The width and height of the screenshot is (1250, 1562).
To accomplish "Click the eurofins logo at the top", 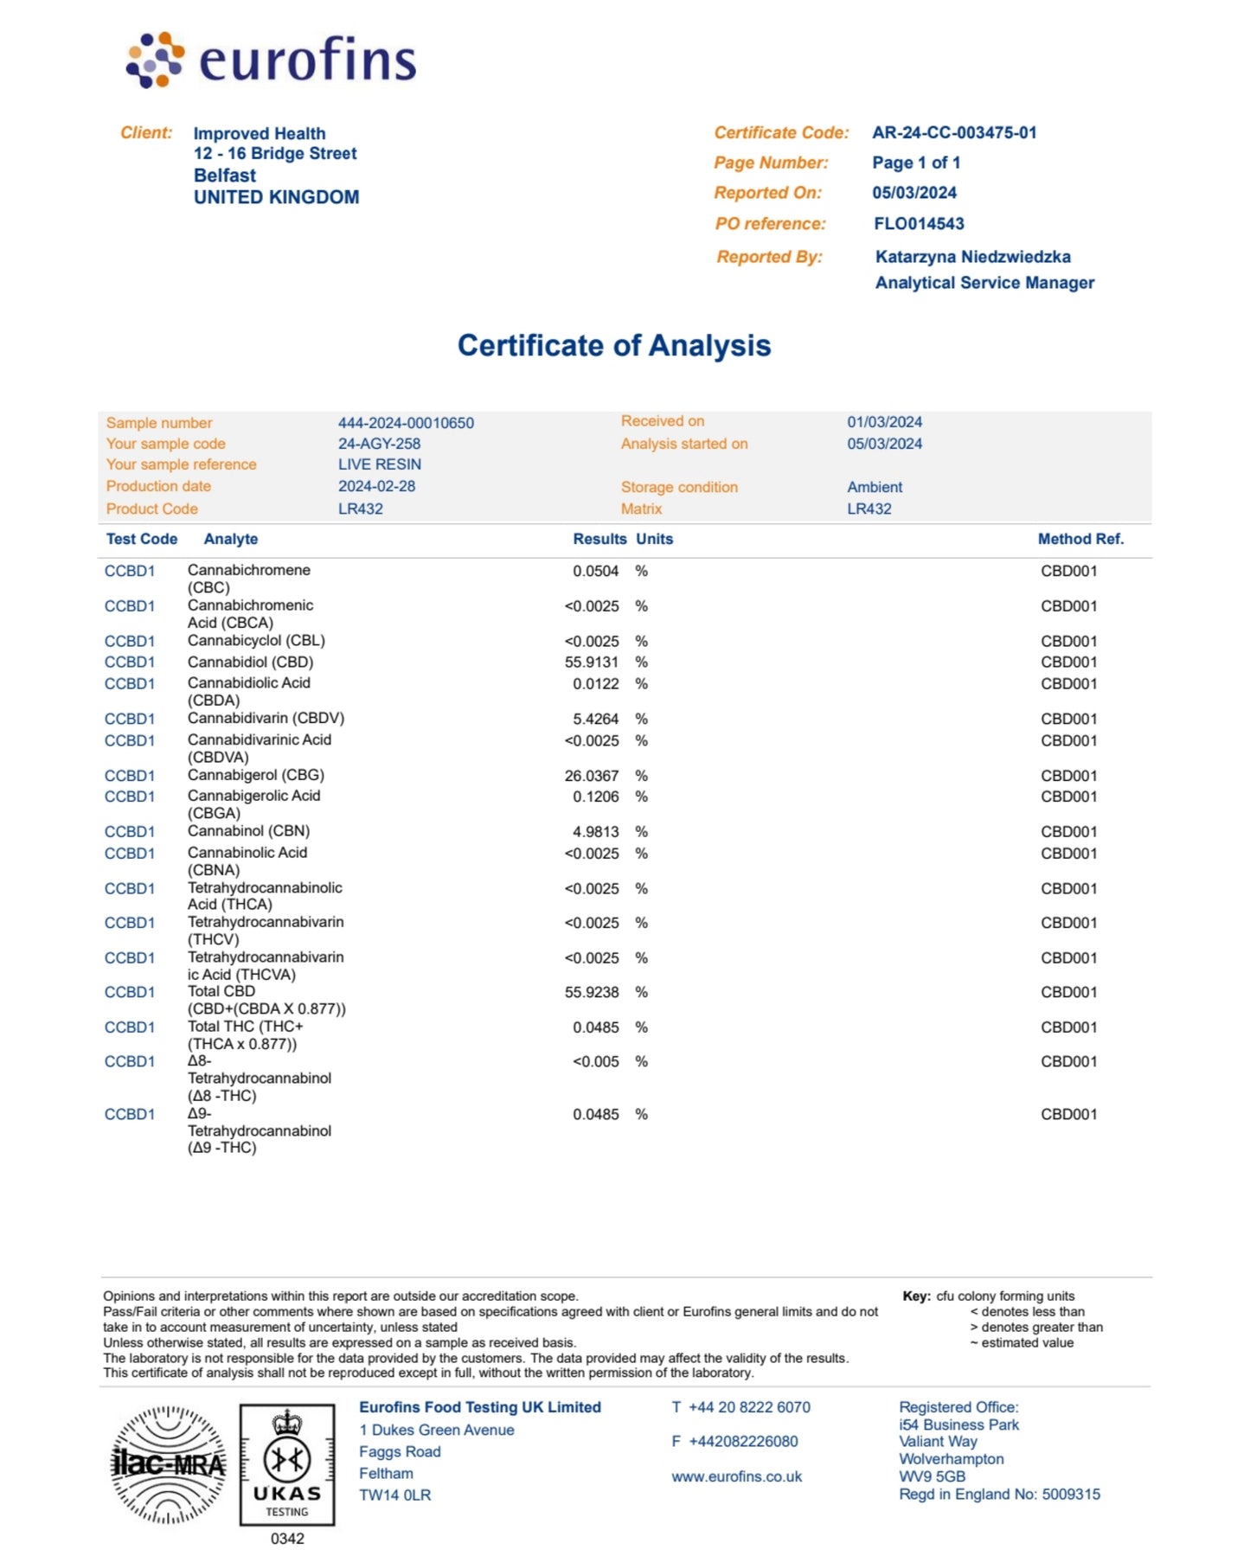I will [x=272, y=61].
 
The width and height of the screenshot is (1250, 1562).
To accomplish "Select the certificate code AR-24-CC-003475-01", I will [x=954, y=133].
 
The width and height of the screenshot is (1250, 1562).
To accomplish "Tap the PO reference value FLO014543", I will [x=919, y=224].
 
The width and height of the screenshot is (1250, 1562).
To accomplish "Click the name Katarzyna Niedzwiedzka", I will [x=972, y=257].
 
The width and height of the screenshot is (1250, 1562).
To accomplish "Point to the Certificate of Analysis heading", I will [x=613, y=346].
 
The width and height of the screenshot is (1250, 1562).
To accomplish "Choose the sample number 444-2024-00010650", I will [x=406, y=423].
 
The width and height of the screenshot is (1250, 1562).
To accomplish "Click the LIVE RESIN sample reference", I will [x=380, y=464].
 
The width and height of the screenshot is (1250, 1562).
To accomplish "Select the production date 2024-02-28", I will [x=376, y=486].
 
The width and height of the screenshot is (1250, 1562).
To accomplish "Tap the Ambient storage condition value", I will [x=875, y=487].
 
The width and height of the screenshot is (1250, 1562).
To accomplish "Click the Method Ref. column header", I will [x=1080, y=539].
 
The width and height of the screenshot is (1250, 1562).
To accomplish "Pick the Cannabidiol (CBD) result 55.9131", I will [x=592, y=663].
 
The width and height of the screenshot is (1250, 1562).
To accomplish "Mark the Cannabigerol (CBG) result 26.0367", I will [x=592, y=776].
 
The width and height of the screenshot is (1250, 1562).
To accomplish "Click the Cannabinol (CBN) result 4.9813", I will [x=596, y=832].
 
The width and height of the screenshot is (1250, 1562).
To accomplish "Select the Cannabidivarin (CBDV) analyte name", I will [x=266, y=719].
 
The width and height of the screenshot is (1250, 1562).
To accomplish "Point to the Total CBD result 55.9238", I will [x=592, y=992].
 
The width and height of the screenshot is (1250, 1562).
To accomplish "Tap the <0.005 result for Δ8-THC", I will [x=596, y=1062].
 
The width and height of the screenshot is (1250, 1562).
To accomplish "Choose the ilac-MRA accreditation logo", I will [x=169, y=1465].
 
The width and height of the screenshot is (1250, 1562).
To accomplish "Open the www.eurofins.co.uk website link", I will [x=736, y=1476].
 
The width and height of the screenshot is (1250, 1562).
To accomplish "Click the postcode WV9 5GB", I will [x=932, y=1476].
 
